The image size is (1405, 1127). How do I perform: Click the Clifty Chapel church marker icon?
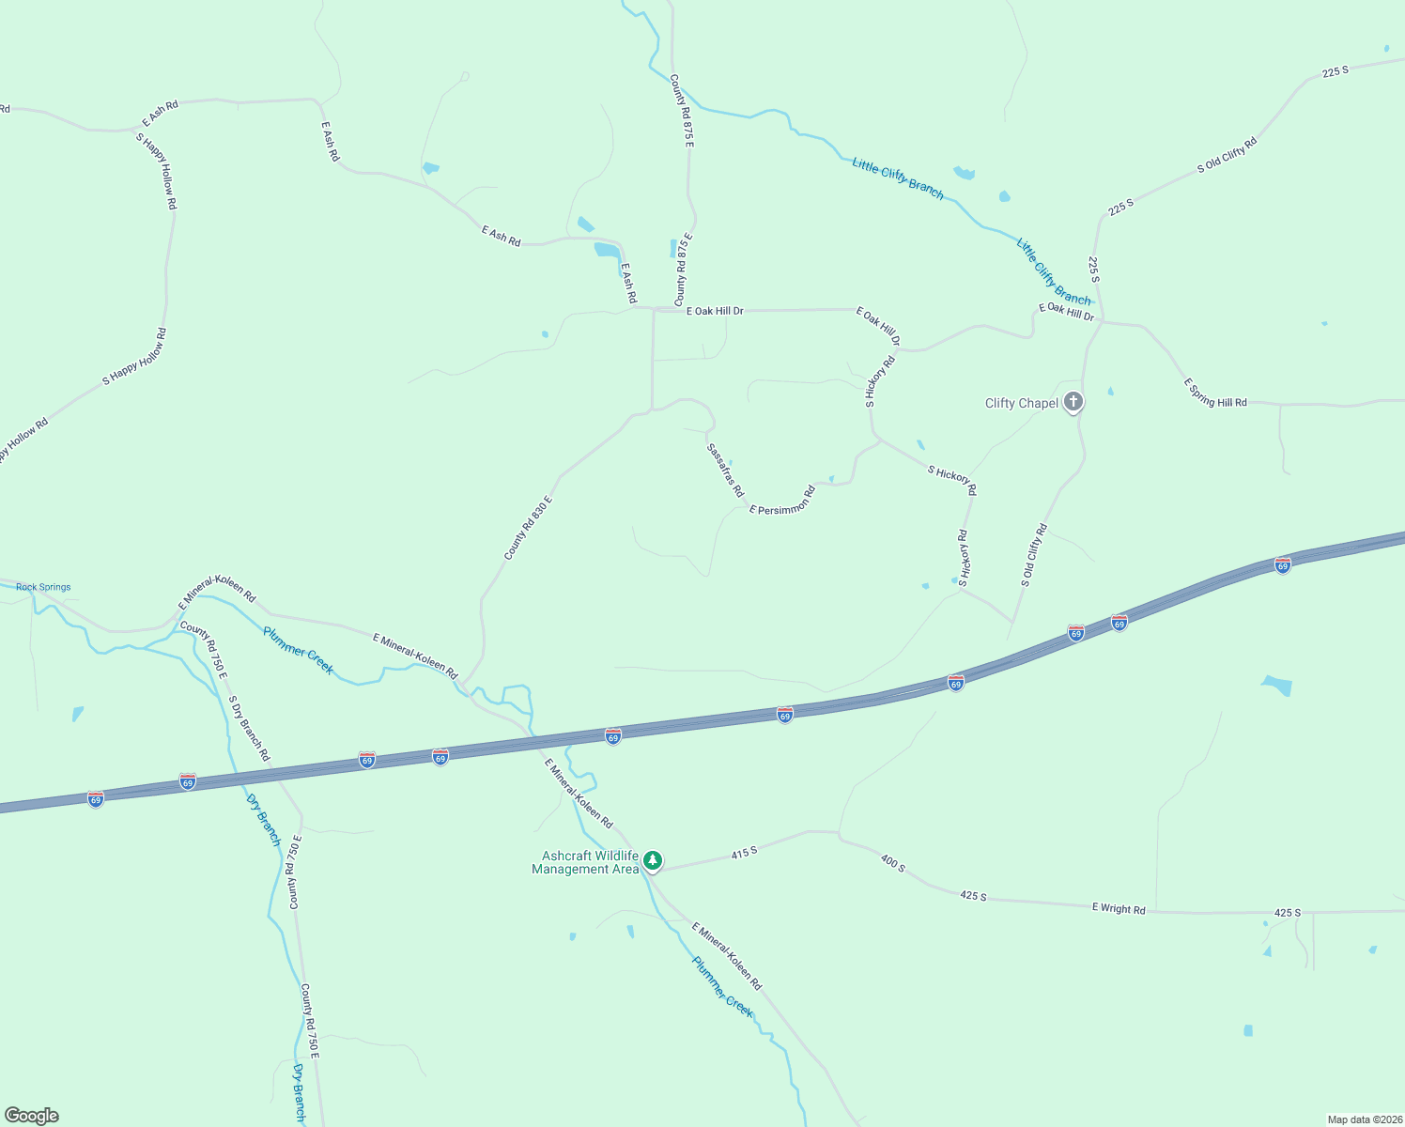click(1073, 403)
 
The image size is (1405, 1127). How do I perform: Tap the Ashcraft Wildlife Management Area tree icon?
click(653, 860)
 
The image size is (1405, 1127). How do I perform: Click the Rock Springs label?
click(43, 587)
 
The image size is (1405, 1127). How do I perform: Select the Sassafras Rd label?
click(725, 471)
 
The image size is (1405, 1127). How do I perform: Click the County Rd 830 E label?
click(528, 529)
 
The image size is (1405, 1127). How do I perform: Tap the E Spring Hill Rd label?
click(1215, 393)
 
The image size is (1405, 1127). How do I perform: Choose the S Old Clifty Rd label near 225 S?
click(1227, 156)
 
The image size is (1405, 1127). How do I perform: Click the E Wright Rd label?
click(1119, 908)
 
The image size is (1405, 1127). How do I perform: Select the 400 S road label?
click(893, 863)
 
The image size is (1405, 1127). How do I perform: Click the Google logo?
click(32, 1116)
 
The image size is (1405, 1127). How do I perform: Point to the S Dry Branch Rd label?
click(249, 728)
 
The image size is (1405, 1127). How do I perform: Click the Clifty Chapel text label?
click(1021, 404)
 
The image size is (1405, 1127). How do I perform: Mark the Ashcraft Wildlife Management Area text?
click(585, 862)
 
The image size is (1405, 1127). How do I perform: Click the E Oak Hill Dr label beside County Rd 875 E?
click(715, 311)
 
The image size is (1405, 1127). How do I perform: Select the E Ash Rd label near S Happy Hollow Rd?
click(160, 114)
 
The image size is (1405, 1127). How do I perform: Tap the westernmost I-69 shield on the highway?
click(96, 798)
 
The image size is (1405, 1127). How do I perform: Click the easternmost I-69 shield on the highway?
click(1283, 565)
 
